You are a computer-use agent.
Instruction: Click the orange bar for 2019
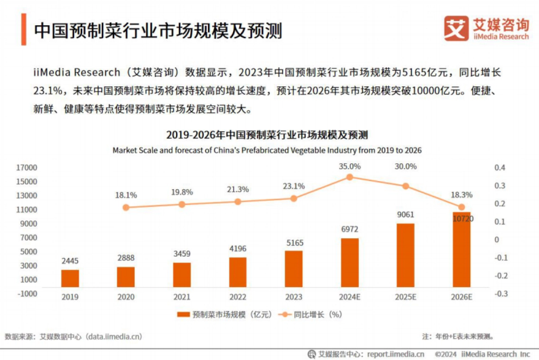tap(70, 278)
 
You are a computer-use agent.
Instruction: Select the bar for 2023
tap(294, 269)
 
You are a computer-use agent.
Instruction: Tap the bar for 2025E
tap(406, 255)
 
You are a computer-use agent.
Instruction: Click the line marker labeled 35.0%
tap(349, 177)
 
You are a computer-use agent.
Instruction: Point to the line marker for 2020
tap(126, 208)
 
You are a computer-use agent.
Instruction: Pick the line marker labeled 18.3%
tap(461, 207)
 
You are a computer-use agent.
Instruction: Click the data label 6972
tap(349, 230)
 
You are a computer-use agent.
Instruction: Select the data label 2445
tap(70, 261)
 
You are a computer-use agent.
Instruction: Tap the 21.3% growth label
tap(238, 189)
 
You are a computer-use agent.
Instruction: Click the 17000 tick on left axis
tap(27, 168)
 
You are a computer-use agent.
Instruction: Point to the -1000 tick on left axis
tap(27, 293)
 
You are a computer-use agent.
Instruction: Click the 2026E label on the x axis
tap(461, 297)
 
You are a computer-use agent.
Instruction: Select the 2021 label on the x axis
tap(181, 297)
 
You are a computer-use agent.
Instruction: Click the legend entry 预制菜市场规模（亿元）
tap(225, 315)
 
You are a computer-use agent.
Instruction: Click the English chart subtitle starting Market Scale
tap(267, 150)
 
